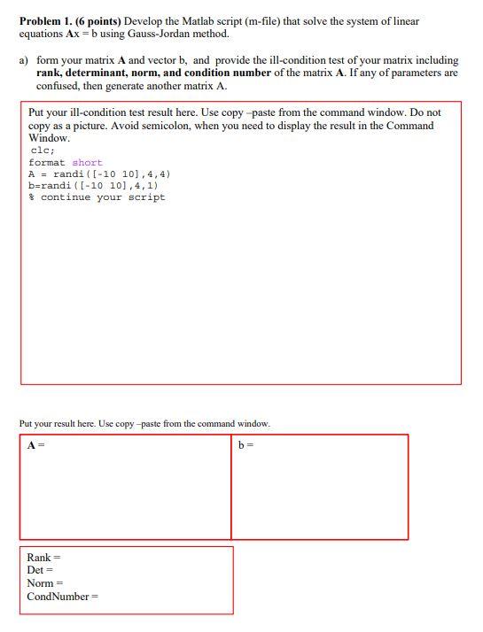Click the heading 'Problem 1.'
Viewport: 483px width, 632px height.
click(46, 21)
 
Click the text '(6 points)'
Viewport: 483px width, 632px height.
click(97, 21)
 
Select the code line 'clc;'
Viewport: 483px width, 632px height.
click(41, 151)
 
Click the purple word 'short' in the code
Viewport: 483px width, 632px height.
click(87, 163)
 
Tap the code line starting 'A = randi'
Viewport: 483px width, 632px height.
click(99, 174)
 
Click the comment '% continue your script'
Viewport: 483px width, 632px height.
click(97, 197)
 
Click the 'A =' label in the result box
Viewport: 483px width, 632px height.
click(36, 444)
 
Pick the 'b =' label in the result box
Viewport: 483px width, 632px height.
click(245, 444)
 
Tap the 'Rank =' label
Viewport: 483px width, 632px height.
click(43, 558)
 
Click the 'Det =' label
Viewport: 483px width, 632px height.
click(40, 571)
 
